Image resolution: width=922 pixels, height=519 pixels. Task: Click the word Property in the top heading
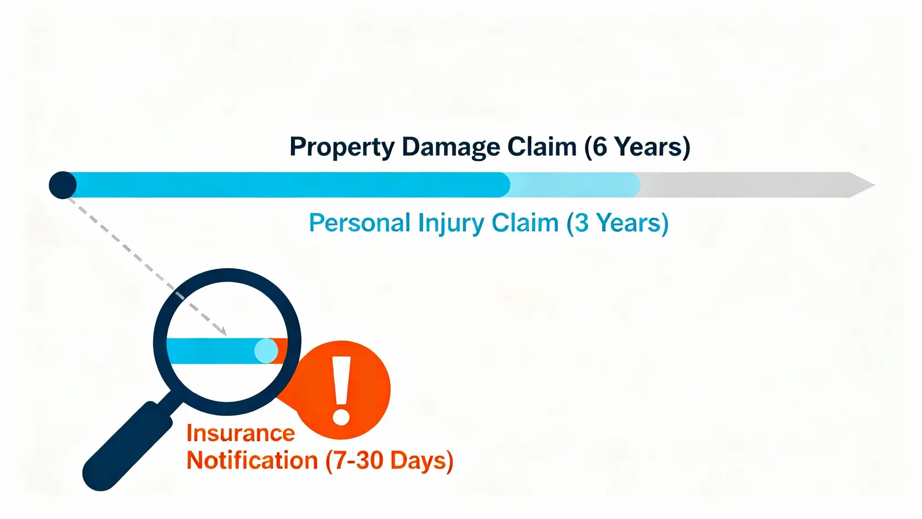(342, 147)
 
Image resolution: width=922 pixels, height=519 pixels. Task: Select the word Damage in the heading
(450, 147)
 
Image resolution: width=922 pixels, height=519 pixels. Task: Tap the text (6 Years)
(637, 147)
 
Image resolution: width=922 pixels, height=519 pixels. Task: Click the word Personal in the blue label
(359, 223)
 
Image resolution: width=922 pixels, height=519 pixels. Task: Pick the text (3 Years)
(618, 223)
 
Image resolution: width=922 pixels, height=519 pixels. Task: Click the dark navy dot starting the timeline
(63, 185)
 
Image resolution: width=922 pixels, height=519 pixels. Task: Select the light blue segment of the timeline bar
(574, 185)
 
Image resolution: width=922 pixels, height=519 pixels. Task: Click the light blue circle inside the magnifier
(266, 351)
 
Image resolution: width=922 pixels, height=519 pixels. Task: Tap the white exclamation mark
(341, 390)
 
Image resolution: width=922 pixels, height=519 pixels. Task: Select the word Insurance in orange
(241, 433)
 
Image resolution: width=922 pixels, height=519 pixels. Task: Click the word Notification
(252, 460)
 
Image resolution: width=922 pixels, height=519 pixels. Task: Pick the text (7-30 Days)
(390, 460)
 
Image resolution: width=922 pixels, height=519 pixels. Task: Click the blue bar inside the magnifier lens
(214, 351)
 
